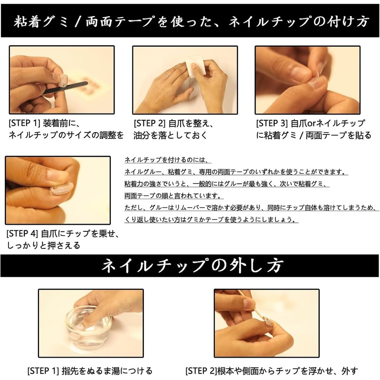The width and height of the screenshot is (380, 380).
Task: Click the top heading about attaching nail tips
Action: (190, 21)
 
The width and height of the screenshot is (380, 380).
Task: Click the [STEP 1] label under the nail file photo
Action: (25, 123)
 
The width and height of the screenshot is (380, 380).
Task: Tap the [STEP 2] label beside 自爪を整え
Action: (149, 123)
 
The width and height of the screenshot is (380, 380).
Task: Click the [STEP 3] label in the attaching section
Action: (272, 123)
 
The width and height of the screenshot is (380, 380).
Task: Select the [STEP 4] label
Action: (22, 234)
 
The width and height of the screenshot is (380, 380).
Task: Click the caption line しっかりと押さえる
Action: (43, 246)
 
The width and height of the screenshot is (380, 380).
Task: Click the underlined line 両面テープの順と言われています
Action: (174, 196)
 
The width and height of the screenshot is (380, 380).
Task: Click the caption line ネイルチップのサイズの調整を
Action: (66, 135)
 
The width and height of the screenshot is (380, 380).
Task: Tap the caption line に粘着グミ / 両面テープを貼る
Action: (313, 135)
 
